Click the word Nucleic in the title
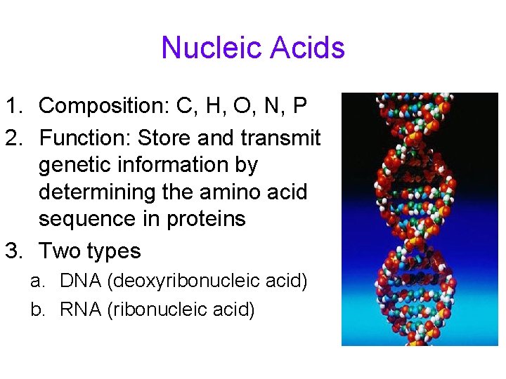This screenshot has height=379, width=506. (206, 48)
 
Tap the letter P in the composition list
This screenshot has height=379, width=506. (299, 106)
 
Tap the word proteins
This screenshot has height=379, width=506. (206, 219)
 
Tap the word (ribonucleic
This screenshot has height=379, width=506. (158, 310)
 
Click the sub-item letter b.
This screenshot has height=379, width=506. (37, 310)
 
